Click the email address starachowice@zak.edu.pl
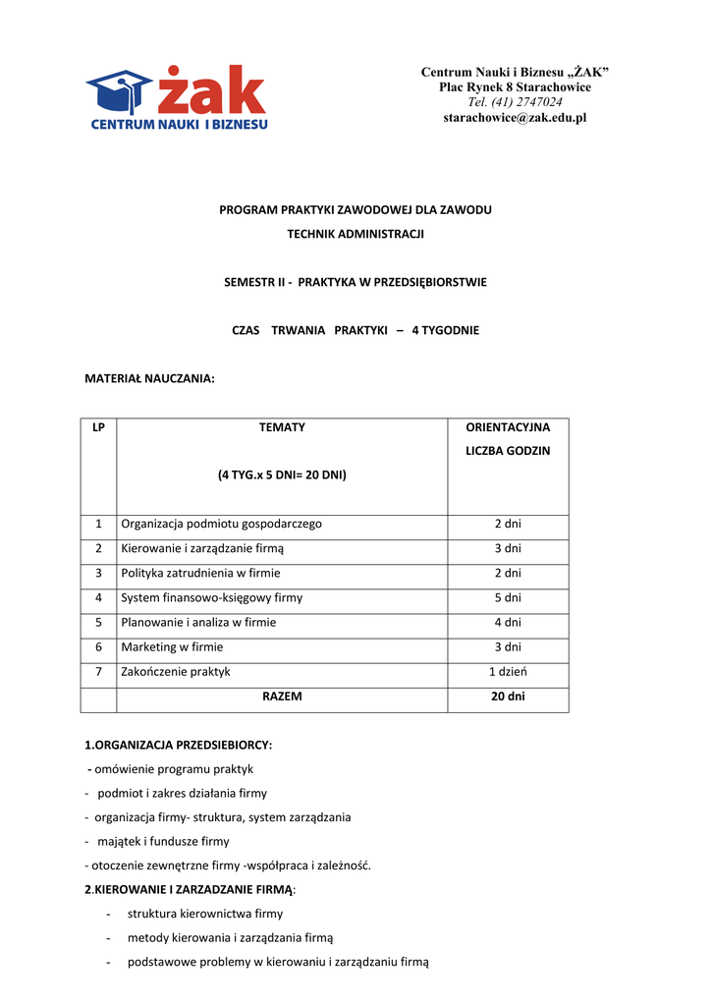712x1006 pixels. tap(515, 118)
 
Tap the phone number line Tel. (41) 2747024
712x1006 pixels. tap(515, 102)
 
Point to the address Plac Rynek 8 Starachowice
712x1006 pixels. tap(515, 87)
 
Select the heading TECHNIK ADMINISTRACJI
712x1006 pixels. tap(356, 234)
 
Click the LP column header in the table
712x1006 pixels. tap(98, 427)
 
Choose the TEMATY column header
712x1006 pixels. tap(282, 427)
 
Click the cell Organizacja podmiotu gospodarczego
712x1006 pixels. tap(221, 524)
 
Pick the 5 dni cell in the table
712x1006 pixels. tap(508, 597)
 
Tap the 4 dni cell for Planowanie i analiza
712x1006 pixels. tap(508, 622)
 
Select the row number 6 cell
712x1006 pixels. tap(98, 646)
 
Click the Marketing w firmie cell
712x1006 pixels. tap(172, 646)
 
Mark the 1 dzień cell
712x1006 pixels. tap(508, 671)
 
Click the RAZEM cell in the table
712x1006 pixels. tap(282, 696)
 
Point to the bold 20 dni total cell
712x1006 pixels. tap(508, 696)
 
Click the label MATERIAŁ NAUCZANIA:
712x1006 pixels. tap(149, 378)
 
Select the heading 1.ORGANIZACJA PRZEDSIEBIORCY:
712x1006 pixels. tap(179, 745)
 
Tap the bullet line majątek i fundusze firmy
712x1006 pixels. tap(163, 841)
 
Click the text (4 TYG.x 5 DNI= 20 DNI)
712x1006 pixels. tap(282, 475)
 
